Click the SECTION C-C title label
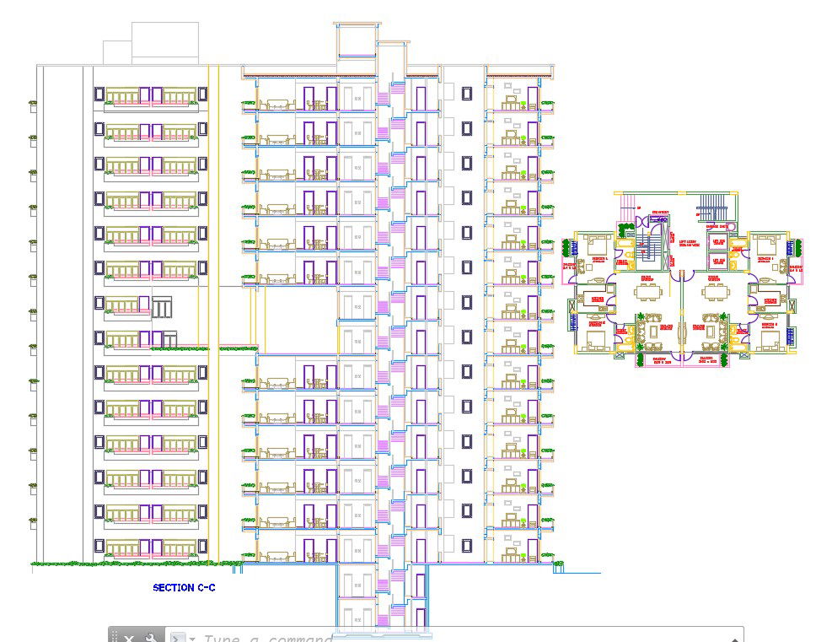pyautogui.click(x=184, y=587)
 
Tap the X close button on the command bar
pyautogui.click(x=130, y=639)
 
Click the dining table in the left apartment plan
pyautogui.click(x=648, y=291)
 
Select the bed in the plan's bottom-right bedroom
pyautogui.click(x=767, y=339)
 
